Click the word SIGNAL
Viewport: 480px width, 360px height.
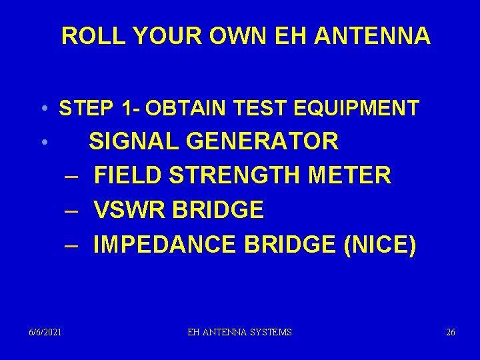coord(135,141)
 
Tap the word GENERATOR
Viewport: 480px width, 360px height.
coord(263,141)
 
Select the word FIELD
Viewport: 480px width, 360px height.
coord(128,176)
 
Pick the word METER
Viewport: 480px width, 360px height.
coord(351,176)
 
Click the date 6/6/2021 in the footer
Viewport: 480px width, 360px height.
coord(45,332)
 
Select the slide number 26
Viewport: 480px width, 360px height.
coord(451,332)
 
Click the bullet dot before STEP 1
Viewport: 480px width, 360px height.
coord(43,109)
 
